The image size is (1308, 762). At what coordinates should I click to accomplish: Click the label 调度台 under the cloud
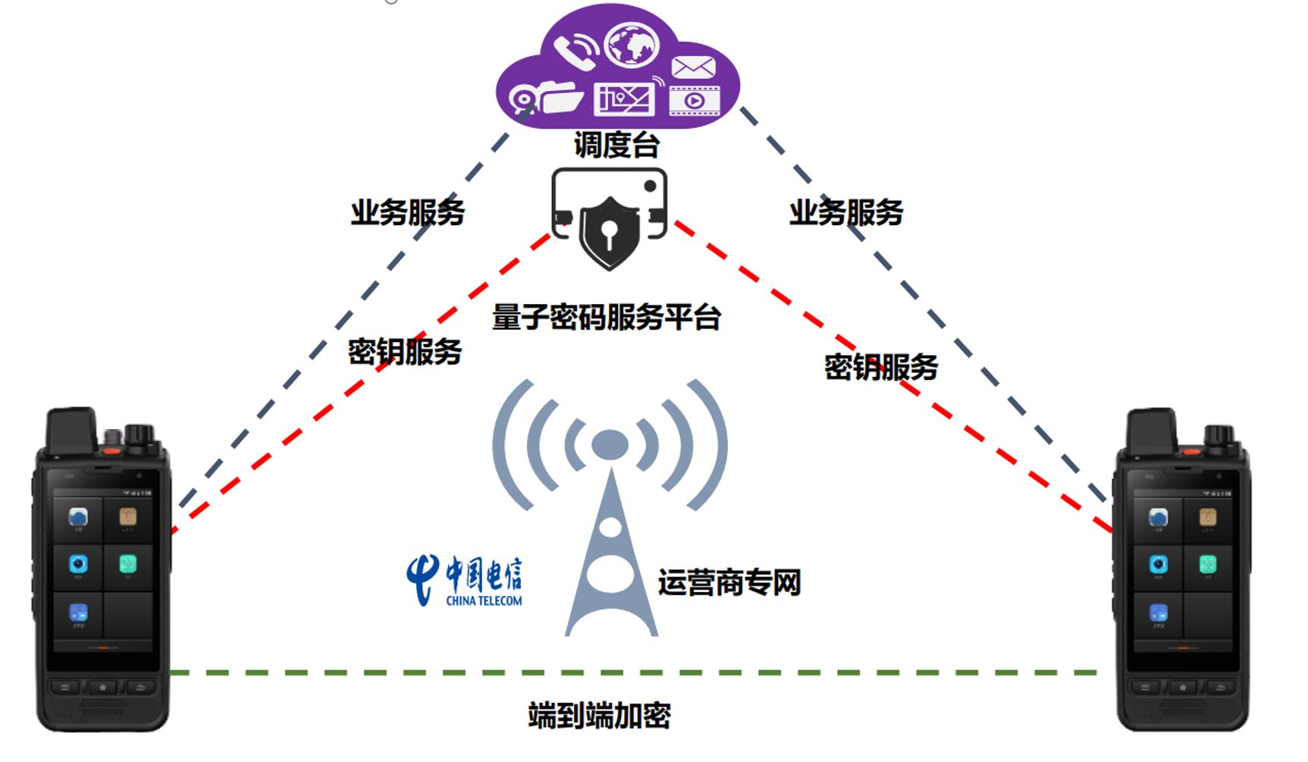pos(616,145)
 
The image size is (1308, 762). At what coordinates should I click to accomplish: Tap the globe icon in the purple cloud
pos(632,45)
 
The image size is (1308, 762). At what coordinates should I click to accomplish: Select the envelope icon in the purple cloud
pos(693,67)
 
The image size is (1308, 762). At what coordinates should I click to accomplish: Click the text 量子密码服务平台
pos(606,317)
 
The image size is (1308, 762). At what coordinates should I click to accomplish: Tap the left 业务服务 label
pos(407,213)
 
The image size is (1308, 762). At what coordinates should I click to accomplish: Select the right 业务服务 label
pos(846,213)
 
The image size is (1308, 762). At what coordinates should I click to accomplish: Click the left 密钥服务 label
pos(405,352)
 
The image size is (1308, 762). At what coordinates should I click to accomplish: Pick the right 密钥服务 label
pos(881,368)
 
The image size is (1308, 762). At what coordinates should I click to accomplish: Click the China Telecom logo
pos(464,581)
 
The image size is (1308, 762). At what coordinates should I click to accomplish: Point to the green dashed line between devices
pos(634,673)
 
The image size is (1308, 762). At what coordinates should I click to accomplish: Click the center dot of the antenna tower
pos(610,444)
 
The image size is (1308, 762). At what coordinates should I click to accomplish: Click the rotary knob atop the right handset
pos(1219,435)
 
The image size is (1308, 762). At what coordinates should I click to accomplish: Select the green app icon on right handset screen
pos(1207,565)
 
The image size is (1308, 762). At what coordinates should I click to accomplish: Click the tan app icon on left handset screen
pos(127,517)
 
